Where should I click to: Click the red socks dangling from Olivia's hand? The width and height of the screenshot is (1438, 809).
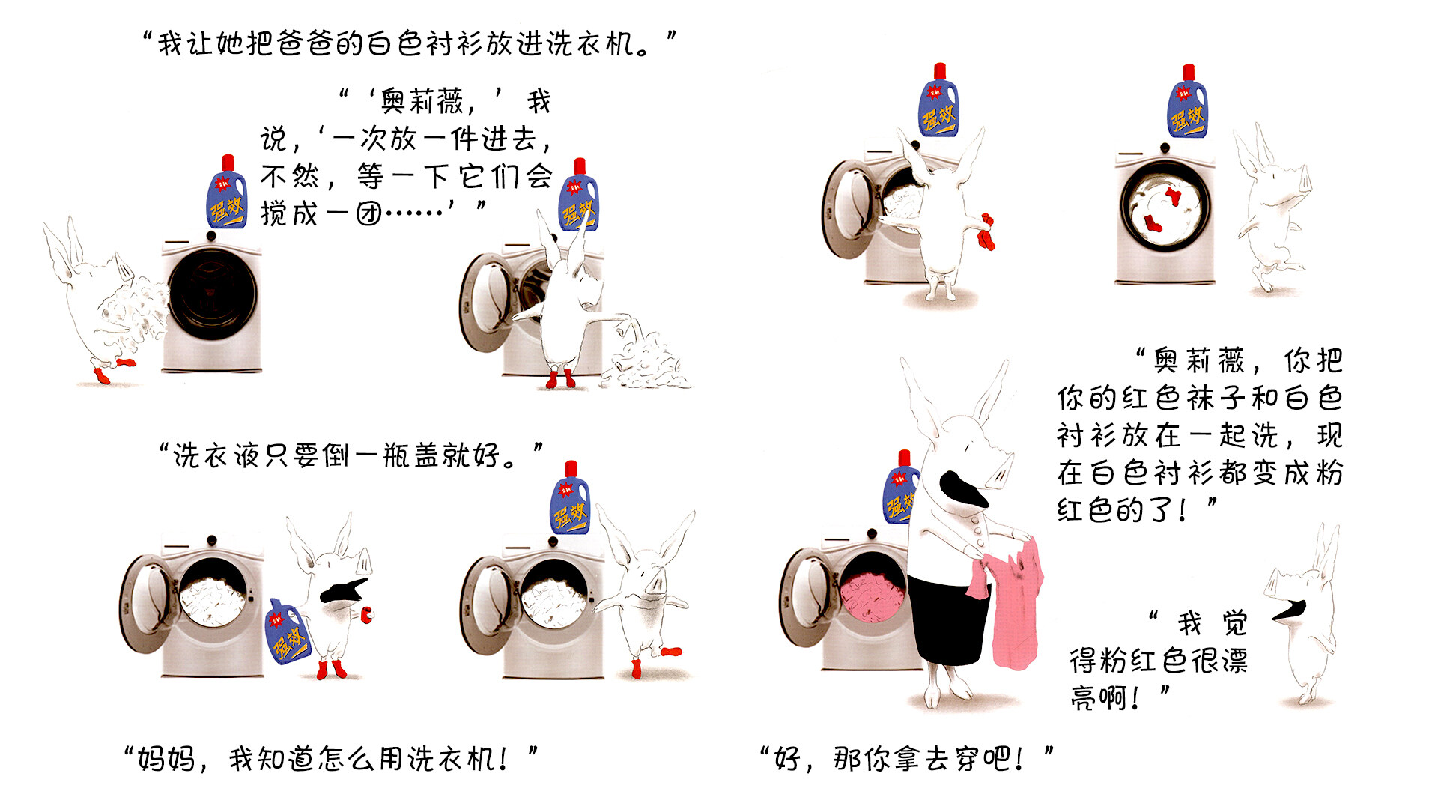[x=987, y=232]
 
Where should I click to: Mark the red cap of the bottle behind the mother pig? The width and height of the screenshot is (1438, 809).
[x=904, y=458]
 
